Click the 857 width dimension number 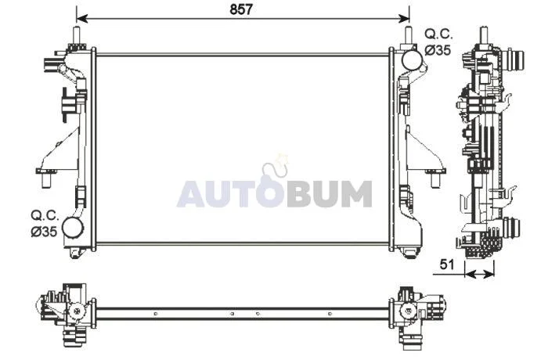click(241, 9)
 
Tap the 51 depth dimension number click(447, 265)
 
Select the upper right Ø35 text click(438, 50)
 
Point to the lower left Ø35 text click(44, 232)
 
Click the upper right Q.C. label click(439, 34)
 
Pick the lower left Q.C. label click(45, 216)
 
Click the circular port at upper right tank click(412, 59)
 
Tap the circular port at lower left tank click(73, 228)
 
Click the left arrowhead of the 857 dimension click(81, 19)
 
